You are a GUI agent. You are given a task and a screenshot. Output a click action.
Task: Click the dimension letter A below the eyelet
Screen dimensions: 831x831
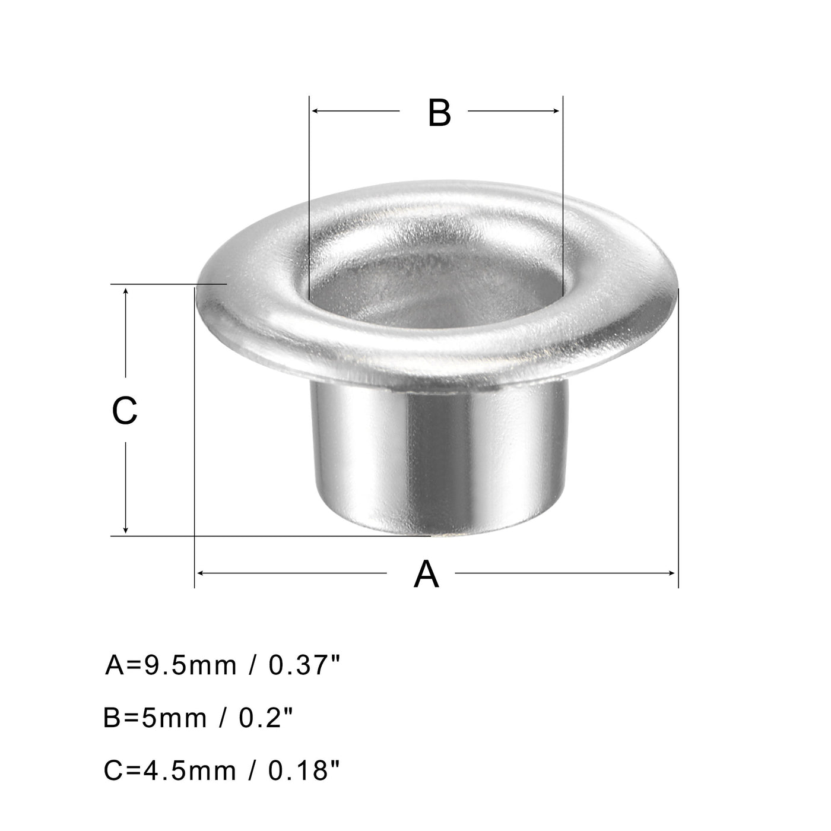426,574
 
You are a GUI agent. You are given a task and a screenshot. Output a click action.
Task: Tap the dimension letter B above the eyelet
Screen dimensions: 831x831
439,112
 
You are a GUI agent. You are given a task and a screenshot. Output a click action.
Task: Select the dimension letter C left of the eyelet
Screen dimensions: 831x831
125,410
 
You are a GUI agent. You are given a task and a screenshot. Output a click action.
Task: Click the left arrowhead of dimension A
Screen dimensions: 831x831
199,573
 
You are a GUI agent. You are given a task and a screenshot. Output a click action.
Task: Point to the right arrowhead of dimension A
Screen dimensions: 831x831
673,573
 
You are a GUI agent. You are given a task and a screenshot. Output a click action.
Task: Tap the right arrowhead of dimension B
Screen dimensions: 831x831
557,111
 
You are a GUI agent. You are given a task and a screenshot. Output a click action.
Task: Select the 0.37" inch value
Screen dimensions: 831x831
303,665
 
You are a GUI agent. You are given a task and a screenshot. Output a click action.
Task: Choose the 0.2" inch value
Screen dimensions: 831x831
266,718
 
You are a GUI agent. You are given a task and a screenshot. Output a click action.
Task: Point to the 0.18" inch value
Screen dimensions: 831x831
303,771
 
